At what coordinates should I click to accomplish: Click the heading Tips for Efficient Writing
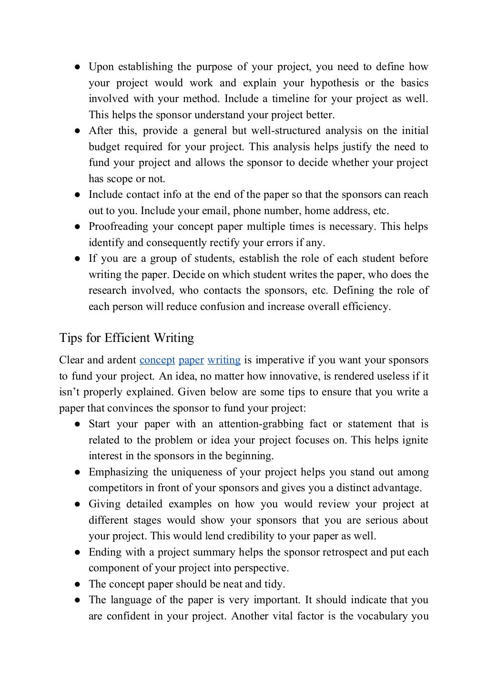tap(126, 338)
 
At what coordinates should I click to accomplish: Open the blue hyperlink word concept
tap(157, 360)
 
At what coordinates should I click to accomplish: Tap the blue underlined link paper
tap(191, 360)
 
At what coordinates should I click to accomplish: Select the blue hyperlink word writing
tap(224, 360)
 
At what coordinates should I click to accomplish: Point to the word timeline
tap(291, 99)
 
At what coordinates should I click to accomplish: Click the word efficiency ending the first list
tap(366, 307)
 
